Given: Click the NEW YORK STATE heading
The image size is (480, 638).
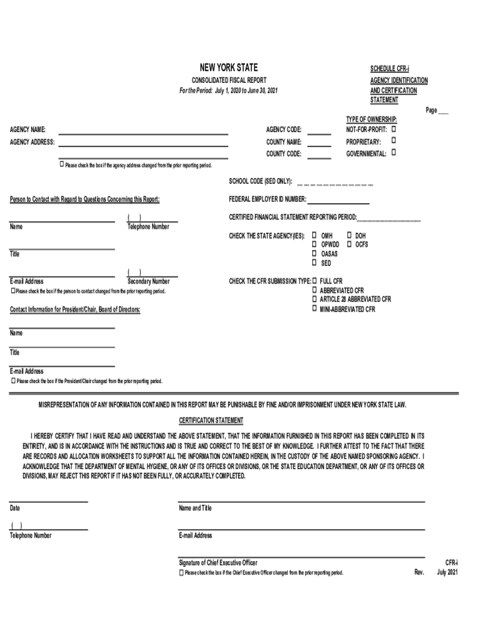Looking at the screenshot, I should (228, 68).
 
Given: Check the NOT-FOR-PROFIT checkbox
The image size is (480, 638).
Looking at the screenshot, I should (394, 129).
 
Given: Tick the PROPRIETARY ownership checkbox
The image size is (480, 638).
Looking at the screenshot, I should (394, 141).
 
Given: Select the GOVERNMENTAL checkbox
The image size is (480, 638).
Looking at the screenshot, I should (394, 152).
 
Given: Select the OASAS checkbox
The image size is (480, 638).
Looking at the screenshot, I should (315, 254).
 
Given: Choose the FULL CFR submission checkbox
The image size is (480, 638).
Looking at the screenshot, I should (315, 281).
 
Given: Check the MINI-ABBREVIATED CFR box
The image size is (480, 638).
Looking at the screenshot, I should (315, 308).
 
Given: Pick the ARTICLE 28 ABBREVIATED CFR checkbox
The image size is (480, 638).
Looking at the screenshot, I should (315, 299).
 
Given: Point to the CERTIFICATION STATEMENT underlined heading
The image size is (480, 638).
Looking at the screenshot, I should (211, 421).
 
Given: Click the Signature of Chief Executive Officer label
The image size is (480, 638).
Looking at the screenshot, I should (218, 563).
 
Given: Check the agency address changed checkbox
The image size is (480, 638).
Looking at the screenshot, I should (62, 164).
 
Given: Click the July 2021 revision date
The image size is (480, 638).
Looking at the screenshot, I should (448, 572).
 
